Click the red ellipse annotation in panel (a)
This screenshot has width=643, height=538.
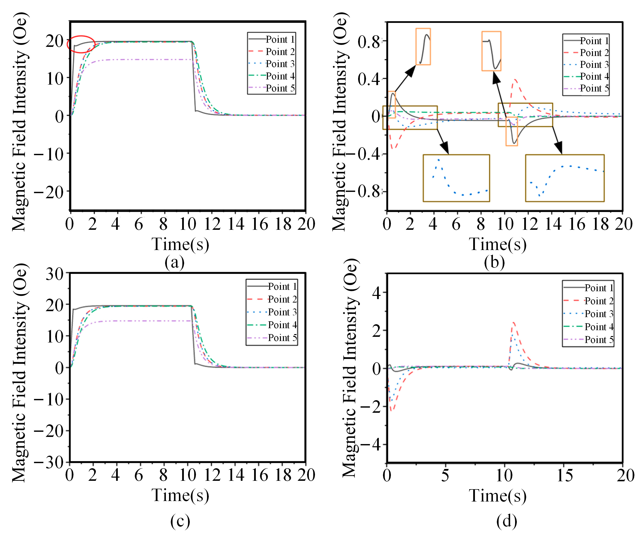tap(81, 44)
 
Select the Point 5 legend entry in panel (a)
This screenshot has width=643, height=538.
tap(279, 88)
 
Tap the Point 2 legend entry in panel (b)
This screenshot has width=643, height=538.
tap(594, 53)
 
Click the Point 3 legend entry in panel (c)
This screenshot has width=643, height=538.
tap(282, 312)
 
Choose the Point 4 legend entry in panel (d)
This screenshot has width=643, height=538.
tap(599, 327)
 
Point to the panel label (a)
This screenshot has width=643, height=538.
tap(174, 263)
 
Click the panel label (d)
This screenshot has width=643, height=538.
tap(507, 521)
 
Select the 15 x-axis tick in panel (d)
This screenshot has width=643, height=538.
tap(564, 476)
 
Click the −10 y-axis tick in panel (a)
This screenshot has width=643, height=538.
tap(49, 154)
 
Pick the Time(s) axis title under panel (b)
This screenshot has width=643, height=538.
tap(498, 244)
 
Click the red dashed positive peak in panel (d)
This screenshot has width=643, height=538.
tap(513, 323)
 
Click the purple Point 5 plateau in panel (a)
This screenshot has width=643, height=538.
tap(138, 59)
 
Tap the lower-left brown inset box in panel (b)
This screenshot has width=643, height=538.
tap(456, 178)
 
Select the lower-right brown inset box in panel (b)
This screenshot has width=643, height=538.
tap(565, 178)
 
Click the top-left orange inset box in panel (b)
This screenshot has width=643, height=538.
tap(423, 47)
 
